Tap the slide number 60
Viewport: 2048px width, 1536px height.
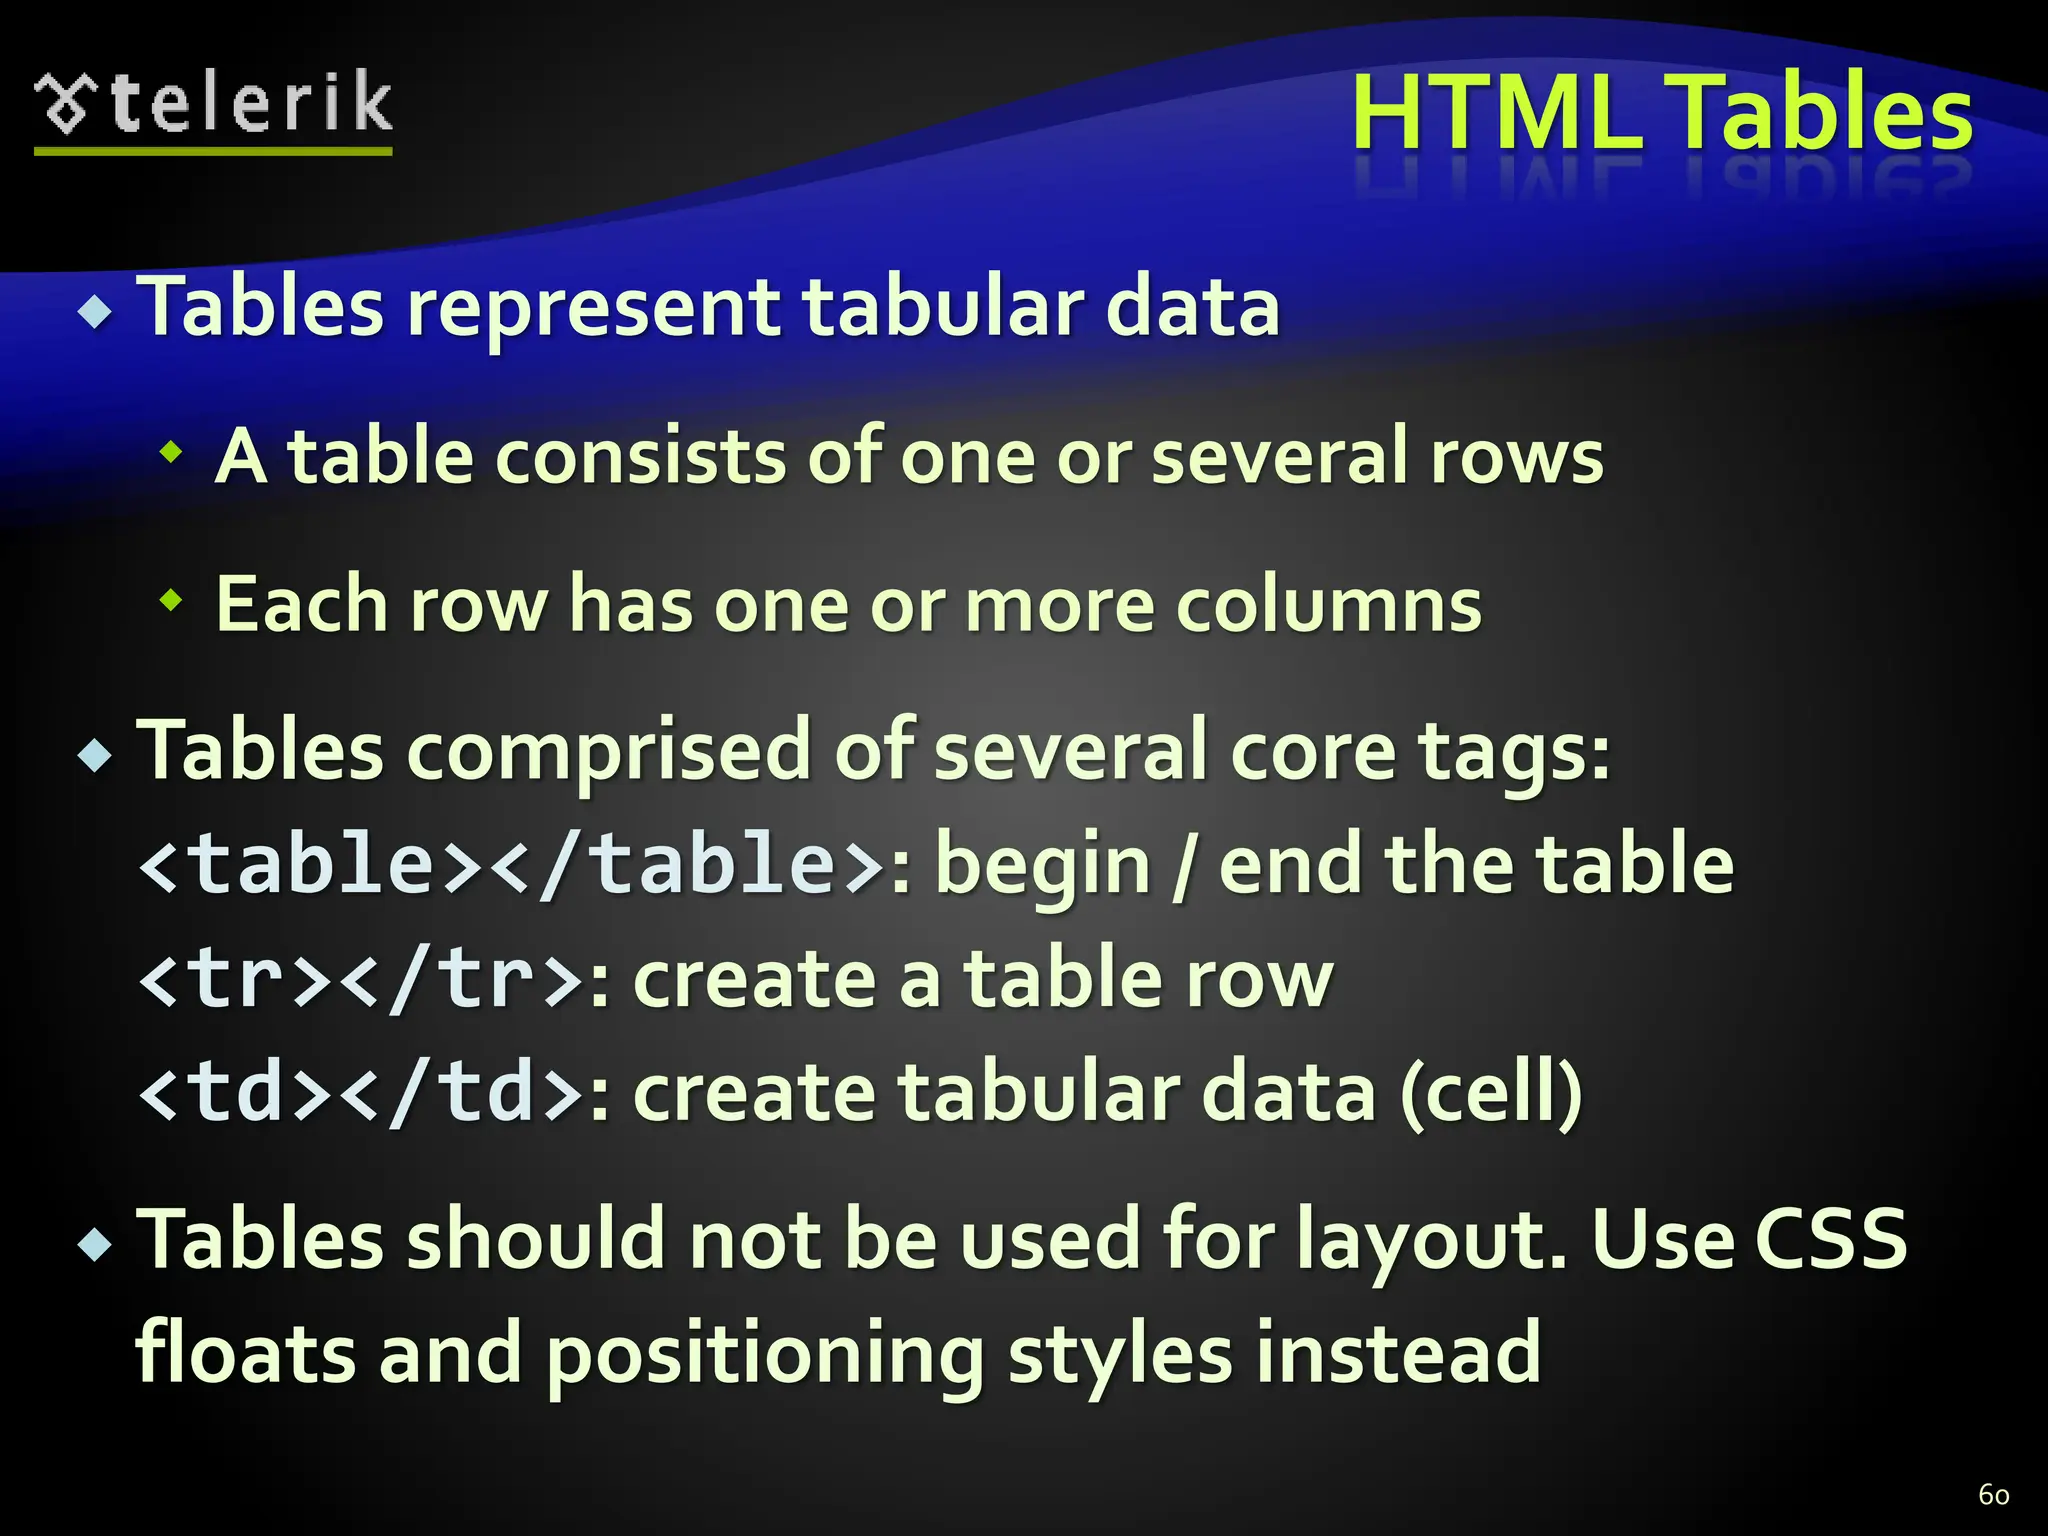click(1993, 1495)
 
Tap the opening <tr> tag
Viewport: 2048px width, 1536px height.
click(235, 978)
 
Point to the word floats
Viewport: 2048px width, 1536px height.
click(245, 1352)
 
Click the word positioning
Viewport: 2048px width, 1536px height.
click(765, 1354)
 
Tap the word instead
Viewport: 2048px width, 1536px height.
click(1399, 1352)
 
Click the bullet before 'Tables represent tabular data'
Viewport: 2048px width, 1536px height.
click(95, 312)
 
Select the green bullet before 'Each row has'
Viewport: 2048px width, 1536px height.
click(172, 601)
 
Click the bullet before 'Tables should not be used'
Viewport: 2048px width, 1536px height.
click(95, 1245)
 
